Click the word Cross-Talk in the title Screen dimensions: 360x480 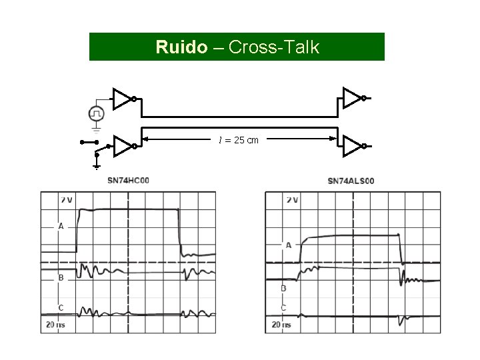point(274,47)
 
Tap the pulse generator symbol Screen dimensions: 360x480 point(97,113)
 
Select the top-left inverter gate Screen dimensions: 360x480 point(123,99)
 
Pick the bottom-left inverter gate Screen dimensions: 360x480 point(123,146)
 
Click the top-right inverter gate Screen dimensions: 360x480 point(351,99)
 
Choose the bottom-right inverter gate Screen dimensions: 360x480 point(351,146)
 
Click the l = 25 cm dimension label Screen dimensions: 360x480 point(239,140)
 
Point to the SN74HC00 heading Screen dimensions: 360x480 point(128,180)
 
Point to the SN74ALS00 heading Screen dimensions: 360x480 point(351,181)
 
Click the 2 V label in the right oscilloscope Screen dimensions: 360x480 point(292,199)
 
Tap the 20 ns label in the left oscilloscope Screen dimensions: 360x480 point(57,325)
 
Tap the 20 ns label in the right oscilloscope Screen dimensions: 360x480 point(281,325)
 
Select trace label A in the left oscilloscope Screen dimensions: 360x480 point(61,227)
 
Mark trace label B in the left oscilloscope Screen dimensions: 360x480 point(61,277)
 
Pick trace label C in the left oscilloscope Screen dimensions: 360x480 point(61,307)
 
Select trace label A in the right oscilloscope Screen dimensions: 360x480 point(289,245)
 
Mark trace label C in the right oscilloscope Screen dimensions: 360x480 point(283,307)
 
